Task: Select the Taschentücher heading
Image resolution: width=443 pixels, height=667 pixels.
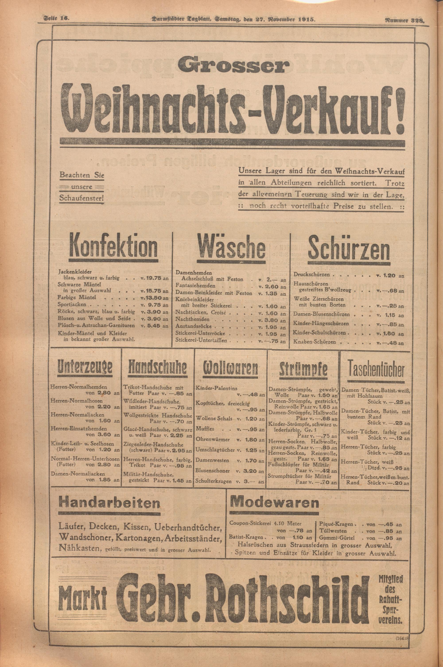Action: [376, 368]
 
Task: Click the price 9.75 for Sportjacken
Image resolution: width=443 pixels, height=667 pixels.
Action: [153, 305]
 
